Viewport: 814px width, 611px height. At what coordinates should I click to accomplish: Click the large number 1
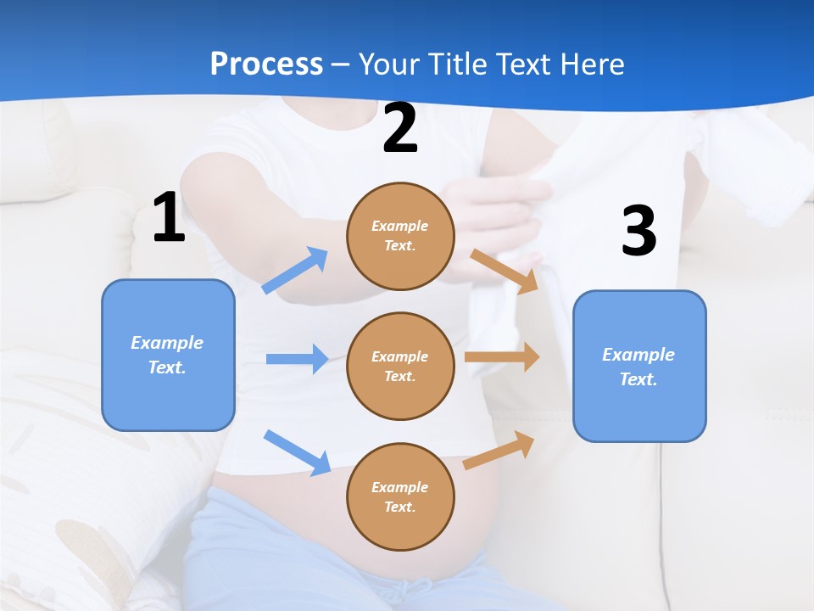click(x=169, y=217)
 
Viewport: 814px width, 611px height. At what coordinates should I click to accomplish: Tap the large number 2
click(x=400, y=128)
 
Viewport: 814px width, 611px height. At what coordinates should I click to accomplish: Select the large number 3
click(x=638, y=231)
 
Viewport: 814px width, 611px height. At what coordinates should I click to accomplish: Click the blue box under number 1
click(x=168, y=355)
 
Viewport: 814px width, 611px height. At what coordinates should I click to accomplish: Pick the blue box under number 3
click(x=639, y=366)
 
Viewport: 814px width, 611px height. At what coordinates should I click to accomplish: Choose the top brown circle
click(x=400, y=236)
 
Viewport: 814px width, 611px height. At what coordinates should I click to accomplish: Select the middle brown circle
click(x=400, y=366)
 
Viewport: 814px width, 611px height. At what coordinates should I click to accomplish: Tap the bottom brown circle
click(x=400, y=496)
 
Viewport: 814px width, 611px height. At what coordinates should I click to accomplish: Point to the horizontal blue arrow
click(x=297, y=359)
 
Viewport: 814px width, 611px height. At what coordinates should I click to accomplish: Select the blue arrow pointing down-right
click(x=298, y=452)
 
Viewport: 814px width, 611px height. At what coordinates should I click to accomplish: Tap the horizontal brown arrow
click(x=502, y=357)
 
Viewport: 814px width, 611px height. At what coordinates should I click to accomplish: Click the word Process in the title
click(x=266, y=64)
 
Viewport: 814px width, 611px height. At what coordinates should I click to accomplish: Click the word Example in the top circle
click(x=400, y=226)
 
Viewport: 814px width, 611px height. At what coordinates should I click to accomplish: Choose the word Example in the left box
click(x=167, y=343)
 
